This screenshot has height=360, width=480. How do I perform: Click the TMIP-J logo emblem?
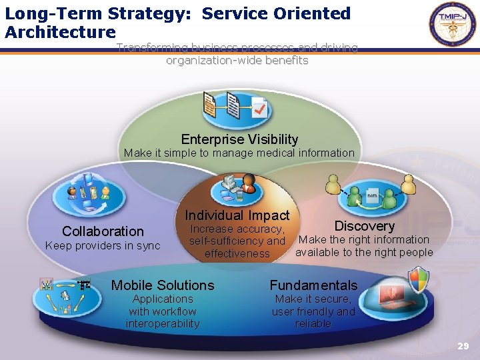click(453, 25)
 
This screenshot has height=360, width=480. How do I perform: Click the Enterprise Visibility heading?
click(239, 139)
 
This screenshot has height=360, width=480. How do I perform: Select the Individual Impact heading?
click(237, 215)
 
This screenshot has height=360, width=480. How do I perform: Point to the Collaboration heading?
click(103, 231)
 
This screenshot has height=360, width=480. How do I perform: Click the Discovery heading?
click(364, 226)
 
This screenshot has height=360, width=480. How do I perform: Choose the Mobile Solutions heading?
click(163, 285)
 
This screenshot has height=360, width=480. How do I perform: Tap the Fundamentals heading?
click(313, 285)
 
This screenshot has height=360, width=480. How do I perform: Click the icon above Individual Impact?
click(237, 188)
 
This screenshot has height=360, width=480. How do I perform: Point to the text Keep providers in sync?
click(103, 245)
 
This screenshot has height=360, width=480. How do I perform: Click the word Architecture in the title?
click(60, 31)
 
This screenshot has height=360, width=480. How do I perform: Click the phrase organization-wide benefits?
click(237, 61)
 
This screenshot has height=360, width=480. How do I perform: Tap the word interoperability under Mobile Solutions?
click(163, 323)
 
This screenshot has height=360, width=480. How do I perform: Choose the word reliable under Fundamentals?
click(313, 323)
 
